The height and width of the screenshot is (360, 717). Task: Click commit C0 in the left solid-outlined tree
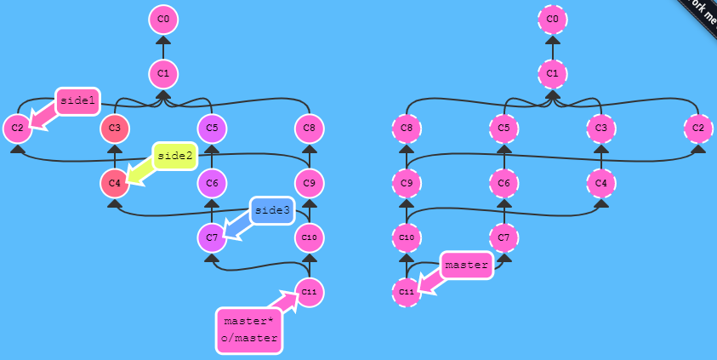pyautogui.click(x=163, y=19)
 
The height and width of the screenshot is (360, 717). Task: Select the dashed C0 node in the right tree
pyautogui.click(x=552, y=19)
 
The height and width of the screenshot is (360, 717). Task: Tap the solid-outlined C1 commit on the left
pyautogui.click(x=163, y=74)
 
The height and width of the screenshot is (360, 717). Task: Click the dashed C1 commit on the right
pyautogui.click(x=552, y=74)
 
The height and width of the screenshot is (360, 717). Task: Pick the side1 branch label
pyautogui.click(x=77, y=101)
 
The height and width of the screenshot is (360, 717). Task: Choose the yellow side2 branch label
pyautogui.click(x=174, y=156)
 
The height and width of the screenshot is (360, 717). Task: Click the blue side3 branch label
pyautogui.click(x=272, y=210)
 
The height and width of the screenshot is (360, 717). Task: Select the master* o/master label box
pyautogui.click(x=248, y=329)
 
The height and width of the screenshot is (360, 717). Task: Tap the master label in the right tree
pyautogui.click(x=467, y=265)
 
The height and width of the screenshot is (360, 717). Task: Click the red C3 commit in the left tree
pyautogui.click(x=115, y=129)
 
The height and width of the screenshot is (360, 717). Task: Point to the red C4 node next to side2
pyautogui.click(x=115, y=183)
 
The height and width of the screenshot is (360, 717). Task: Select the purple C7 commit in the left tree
pyautogui.click(x=212, y=237)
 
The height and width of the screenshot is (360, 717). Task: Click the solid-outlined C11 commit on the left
pyautogui.click(x=310, y=292)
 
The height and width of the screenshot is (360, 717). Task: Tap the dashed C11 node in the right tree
pyautogui.click(x=407, y=292)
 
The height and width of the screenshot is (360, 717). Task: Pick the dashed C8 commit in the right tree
pyautogui.click(x=407, y=129)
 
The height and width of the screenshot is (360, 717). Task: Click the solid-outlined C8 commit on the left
pyautogui.click(x=310, y=129)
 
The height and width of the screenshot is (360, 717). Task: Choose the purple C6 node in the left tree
pyautogui.click(x=212, y=183)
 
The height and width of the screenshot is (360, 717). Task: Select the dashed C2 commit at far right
pyautogui.click(x=698, y=129)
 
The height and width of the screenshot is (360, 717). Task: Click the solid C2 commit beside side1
pyautogui.click(x=17, y=129)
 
